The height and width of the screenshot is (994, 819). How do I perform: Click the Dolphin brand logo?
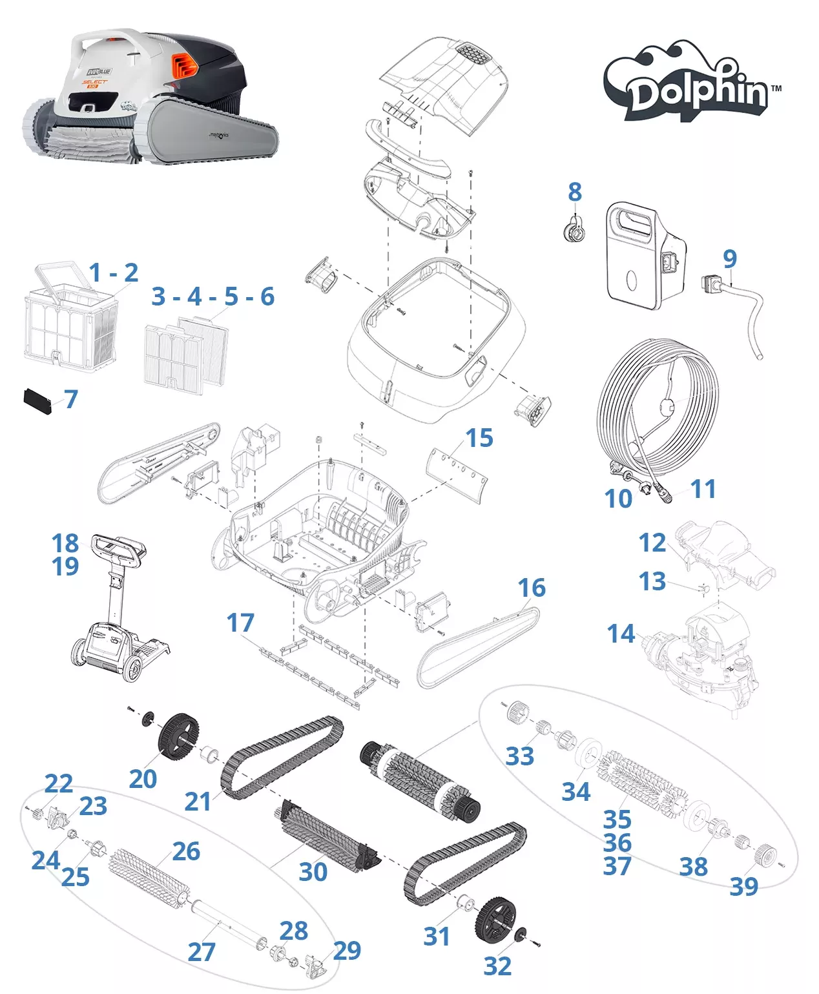click(x=692, y=84)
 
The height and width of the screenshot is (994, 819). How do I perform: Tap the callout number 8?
click(x=575, y=192)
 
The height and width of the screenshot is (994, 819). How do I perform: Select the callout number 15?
click(x=479, y=438)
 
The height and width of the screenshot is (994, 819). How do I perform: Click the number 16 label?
click(x=532, y=588)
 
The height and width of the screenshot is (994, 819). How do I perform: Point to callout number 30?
click(x=313, y=872)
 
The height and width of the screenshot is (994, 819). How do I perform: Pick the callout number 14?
click(x=621, y=634)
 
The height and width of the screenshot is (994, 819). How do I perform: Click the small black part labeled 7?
click(x=37, y=401)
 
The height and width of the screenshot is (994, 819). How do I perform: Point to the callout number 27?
click(x=201, y=951)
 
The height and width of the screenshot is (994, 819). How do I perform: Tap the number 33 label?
click(x=520, y=756)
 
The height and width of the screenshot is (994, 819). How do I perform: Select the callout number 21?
click(x=198, y=802)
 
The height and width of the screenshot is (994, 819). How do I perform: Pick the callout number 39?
click(x=744, y=886)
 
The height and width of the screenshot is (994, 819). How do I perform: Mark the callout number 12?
click(x=652, y=543)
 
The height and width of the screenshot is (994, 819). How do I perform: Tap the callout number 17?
click(x=240, y=623)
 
